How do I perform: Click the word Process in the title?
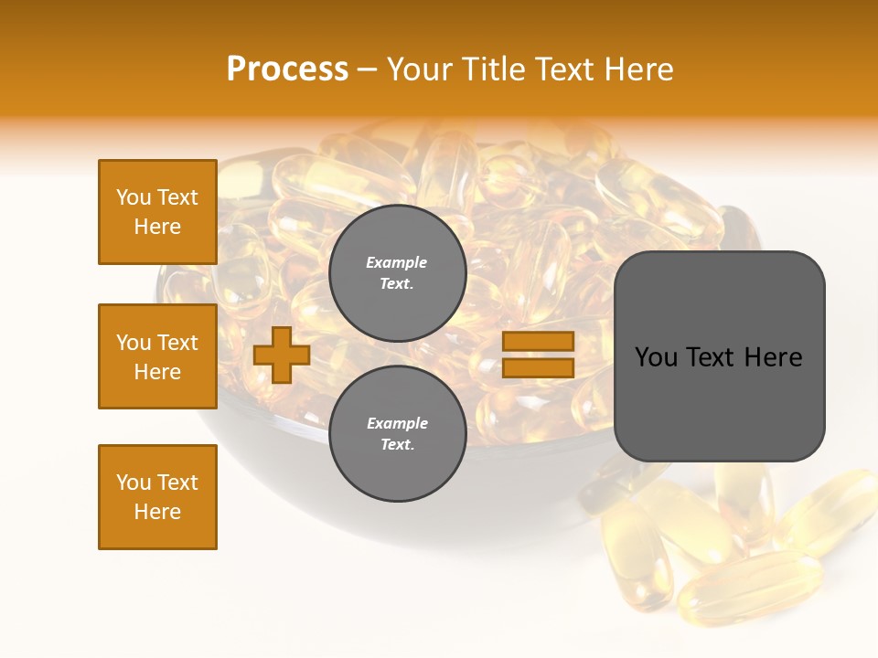click(287, 69)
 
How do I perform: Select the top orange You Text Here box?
click(157, 212)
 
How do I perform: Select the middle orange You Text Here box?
click(157, 356)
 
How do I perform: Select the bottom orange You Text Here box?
click(157, 497)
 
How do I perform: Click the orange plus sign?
click(282, 355)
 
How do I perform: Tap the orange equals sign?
click(538, 355)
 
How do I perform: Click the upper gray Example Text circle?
click(397, 273)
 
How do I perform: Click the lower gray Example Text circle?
click(397, 434)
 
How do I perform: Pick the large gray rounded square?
click(719, 356)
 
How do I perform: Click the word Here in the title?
click(639, 69)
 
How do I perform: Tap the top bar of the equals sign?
click(538, 342)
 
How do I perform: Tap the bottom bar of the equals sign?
click(538, 367)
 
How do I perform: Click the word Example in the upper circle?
click(397, 263)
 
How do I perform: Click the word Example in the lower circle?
click(397, 424)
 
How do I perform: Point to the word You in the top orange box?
click(134, 197)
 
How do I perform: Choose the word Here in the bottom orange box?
click(157, 513)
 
